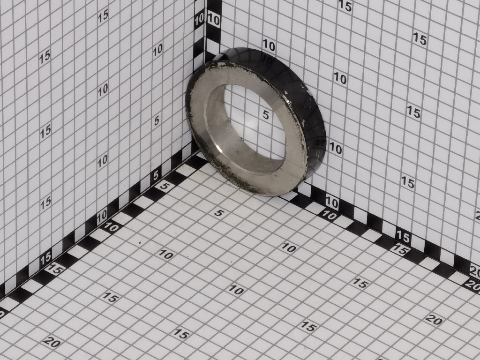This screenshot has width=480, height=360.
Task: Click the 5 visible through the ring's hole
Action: (266, 115)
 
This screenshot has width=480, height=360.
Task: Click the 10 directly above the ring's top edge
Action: (269, 45)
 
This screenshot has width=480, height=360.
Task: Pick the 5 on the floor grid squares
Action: (219, 213)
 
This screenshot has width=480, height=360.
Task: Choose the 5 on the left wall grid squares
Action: (157, 120)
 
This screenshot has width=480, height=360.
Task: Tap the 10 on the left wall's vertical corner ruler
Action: (199, 19)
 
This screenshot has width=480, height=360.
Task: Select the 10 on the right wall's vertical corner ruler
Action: (213, 20)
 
